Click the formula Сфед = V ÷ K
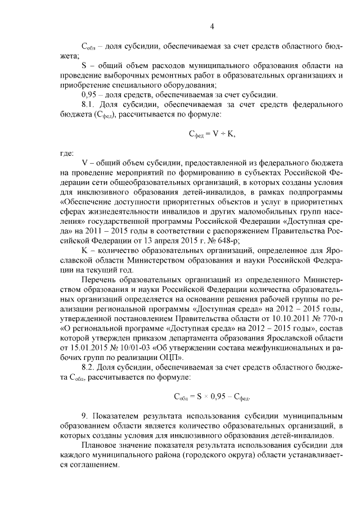pyautogui.click(x=211, y=133)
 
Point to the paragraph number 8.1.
pyautogui.click(x=89, y=105)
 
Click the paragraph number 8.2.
pyautogui.click(x=89, y=367)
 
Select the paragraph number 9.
pyautogui.click(x=84, y=416)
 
